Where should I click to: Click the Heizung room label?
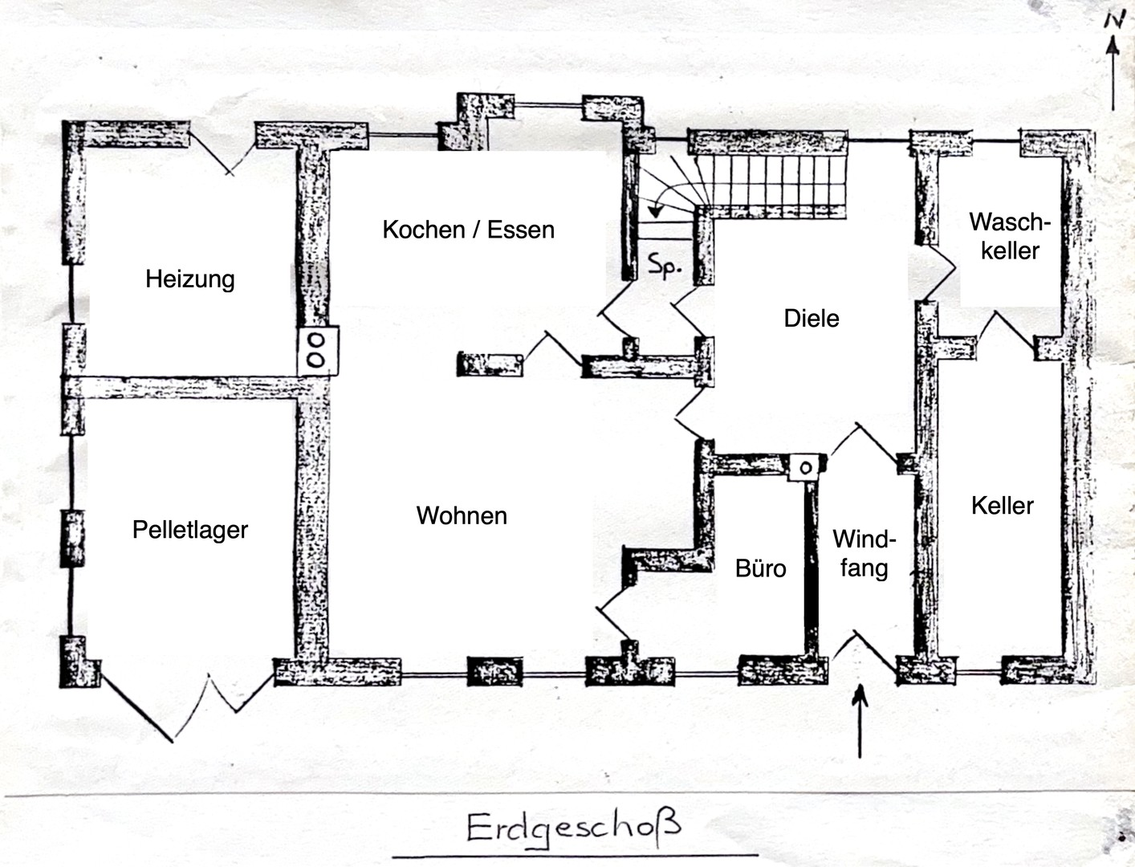click(190, 279)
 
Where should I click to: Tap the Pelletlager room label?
click(190, 530)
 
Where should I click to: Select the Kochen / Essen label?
click(468, 230)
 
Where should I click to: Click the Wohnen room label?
click(462, 515)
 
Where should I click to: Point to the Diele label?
click(812, 319)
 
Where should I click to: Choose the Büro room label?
click(760, 568)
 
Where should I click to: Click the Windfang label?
click(864, 553)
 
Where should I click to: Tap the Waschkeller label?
click(1009, 236)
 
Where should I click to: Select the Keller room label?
click(1002, 506)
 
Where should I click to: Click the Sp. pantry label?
click(665, 267)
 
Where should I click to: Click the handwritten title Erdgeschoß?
click(573, 827)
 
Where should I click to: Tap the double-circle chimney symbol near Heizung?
click(316, 351)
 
